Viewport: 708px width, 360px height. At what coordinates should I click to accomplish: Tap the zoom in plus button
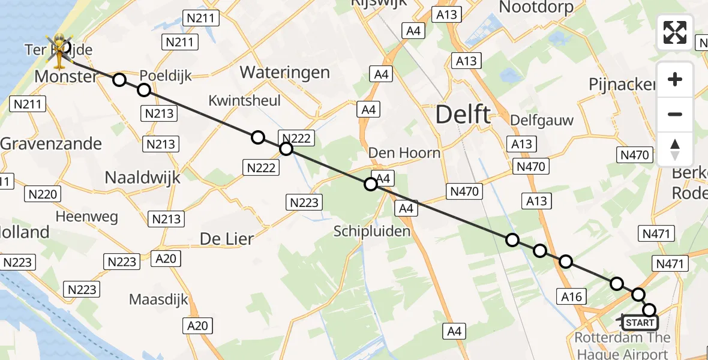(675, 79)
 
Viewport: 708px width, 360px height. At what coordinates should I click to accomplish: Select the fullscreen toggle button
(675, 32)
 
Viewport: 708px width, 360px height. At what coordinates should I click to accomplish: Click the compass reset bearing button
(675, 149)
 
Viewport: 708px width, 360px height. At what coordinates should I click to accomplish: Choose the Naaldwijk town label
(142, 177)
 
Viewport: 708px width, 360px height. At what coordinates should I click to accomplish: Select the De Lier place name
(227, 238)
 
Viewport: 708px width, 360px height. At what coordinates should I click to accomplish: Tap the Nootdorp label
(536, 7)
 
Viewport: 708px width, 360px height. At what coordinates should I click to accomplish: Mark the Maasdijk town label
(159, 299)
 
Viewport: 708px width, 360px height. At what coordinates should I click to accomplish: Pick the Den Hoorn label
(404, 152)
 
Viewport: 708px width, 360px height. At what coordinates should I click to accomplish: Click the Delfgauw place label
(542, 120)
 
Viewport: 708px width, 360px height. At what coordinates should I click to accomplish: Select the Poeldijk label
(166, 76)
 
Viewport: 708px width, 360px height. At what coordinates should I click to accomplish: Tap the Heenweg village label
(87, 217)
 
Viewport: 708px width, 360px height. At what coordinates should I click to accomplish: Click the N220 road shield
(43, 194)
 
